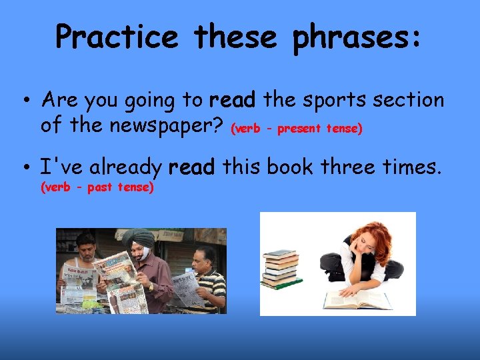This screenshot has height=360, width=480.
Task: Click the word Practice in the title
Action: (117, 37)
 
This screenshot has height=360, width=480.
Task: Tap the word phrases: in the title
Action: (357, 37)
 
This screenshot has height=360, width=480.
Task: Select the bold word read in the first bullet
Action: (232, 101)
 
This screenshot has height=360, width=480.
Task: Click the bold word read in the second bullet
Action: (192, 167)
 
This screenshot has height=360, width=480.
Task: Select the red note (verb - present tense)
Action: (296, 129)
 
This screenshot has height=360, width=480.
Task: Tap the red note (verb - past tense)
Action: (97, 188)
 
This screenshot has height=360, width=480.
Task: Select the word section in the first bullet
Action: (407, 101)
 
